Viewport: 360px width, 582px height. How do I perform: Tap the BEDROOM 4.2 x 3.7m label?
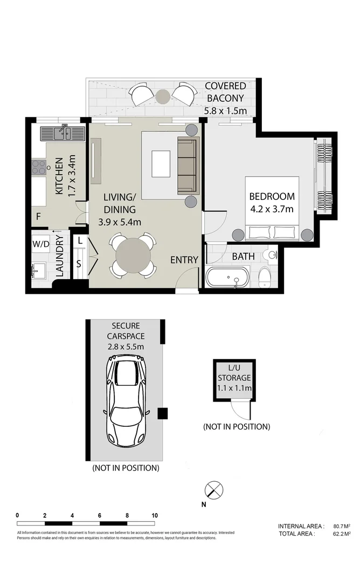[x=271, y=202]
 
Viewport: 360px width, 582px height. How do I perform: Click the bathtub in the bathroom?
[x=227, y=279]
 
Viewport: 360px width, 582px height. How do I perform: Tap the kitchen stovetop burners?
[x=39, y=168]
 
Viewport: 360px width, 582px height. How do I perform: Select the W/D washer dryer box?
[x=40, y=244]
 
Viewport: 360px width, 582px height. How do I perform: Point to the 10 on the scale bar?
[x=155, y=515]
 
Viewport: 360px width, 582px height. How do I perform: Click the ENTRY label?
[x=184, y=260]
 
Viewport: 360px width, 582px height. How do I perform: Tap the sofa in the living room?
[x=188, y=165]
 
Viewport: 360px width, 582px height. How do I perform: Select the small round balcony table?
[x=163, y=96]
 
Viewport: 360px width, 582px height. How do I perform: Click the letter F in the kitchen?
[x=38, y=217]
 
